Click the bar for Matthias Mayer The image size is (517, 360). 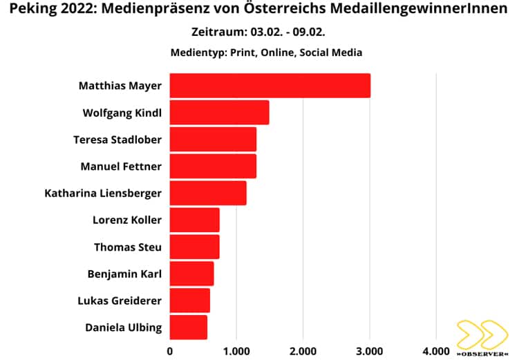click(270, 86)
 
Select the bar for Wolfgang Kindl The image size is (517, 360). click(219, 113)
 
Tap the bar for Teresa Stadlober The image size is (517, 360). click(213, 140)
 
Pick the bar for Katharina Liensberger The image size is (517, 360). click(207, 193)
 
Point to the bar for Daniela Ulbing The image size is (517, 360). click(188, 327)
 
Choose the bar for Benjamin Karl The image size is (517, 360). click(191, 274)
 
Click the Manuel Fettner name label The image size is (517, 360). click(121, 167)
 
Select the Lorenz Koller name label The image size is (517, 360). click(127, 220)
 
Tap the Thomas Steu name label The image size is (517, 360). click(128, 247)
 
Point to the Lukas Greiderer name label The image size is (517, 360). click(120, 301)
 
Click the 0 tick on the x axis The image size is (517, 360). click(170, 350)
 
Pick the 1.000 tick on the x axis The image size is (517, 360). click(236, 350)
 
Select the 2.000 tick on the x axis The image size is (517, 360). click(303, 350)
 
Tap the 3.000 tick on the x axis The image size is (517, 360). click(369, 350)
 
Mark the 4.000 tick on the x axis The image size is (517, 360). click(435, 350)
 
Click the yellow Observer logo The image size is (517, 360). click(482, 335)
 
